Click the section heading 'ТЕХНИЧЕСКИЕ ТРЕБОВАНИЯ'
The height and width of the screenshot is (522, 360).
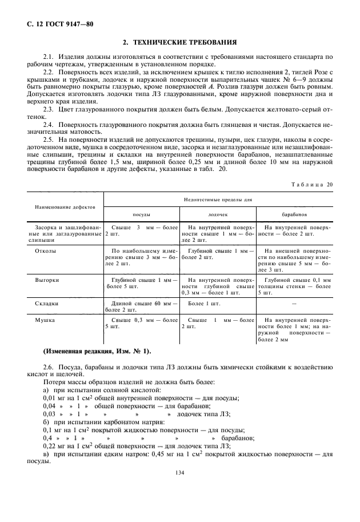point(185,43)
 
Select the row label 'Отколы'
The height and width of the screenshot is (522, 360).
point(46,250)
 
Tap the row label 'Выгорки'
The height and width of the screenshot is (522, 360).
point(47,280)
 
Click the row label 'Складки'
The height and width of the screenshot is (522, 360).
point(47,304)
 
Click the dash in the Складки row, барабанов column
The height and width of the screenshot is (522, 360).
point(294,304)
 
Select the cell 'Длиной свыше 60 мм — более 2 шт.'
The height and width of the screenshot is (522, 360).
point(141,306)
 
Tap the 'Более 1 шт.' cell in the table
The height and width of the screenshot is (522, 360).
point(204,304)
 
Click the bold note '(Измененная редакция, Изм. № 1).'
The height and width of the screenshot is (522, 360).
point(97,350)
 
